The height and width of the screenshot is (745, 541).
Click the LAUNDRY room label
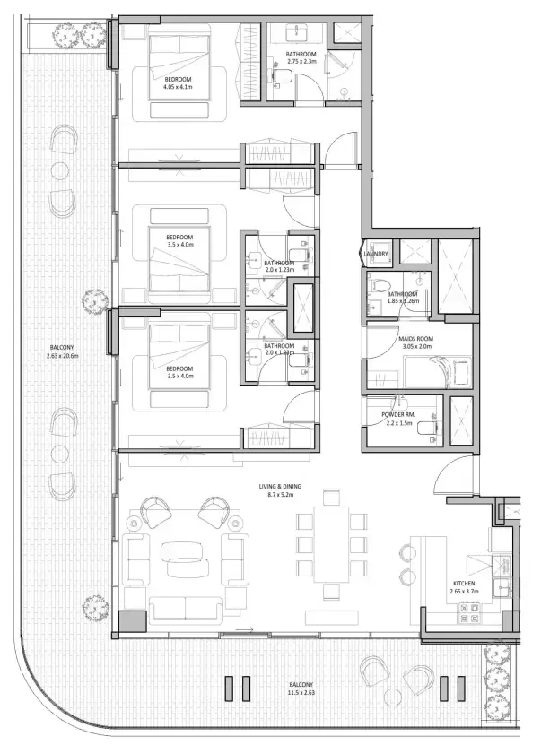pos(376,254)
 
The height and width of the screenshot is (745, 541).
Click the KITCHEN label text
pos(463,583)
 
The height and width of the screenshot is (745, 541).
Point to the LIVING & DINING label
pos(281,485)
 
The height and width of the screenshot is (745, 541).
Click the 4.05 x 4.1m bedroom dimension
pos(179,88)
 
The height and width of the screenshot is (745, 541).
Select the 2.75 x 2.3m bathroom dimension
pos(301,63)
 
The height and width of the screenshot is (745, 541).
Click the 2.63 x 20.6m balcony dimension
pos(63,356)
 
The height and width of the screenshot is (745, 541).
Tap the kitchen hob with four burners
pos(468,612)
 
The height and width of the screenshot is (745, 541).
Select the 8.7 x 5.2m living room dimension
pos(281,494)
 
